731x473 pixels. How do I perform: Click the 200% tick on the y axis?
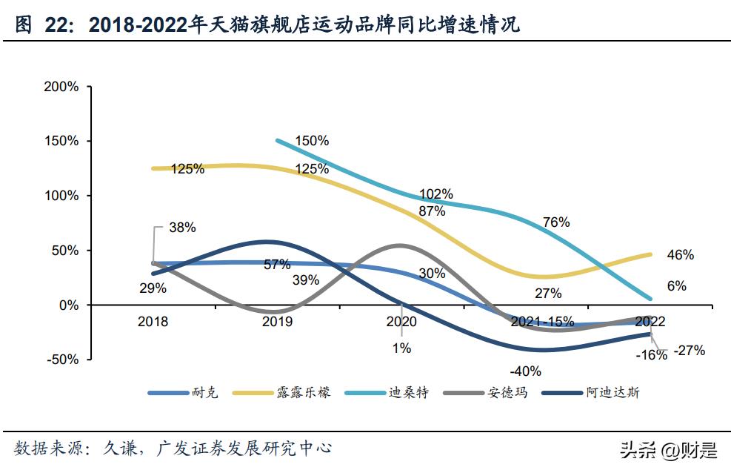pos(61,87)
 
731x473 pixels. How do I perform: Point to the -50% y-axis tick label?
pos(61,360)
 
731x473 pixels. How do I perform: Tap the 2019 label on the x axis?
pos(277,322)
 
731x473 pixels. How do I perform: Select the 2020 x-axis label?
pos(401,322)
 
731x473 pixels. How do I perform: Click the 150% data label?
pos(312,141)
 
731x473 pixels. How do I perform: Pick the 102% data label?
pos(436,194)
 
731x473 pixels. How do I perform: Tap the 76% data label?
pos(556,222)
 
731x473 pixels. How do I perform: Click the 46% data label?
pos(680,255)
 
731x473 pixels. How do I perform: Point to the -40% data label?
pos(526,371)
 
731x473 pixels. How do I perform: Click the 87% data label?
pos(432,211)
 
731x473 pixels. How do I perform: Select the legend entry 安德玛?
pos(507,393)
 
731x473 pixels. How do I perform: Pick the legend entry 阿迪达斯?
pos(612,393)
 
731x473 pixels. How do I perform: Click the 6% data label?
pos(676,286)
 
